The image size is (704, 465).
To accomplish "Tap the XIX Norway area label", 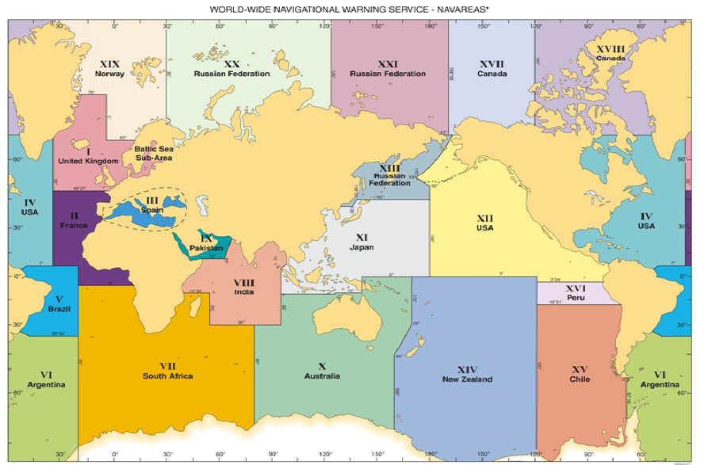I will pos(109,68).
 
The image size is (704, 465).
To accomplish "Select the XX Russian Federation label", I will pos(231,68).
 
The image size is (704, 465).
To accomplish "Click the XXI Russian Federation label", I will pos(388,68).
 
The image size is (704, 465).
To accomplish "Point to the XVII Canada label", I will pos(492,68).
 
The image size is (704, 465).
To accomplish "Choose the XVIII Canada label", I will pos(610,53).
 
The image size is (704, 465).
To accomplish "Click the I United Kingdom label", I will pos(87,156).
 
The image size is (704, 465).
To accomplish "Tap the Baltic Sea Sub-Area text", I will pos(153,153).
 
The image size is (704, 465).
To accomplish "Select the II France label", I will pos(74,220).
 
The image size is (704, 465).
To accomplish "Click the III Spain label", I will pos(151,205).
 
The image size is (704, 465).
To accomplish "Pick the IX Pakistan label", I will pos(206,242).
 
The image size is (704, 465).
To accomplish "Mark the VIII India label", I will pos(243,287).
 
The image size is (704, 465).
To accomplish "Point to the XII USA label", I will pos(484,223).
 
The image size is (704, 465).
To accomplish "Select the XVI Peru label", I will pos(575,293).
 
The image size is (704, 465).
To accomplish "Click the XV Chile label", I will pos(580,374).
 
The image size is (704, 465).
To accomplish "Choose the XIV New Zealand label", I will pos(467,374).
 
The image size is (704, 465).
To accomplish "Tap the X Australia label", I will pos(322,371).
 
